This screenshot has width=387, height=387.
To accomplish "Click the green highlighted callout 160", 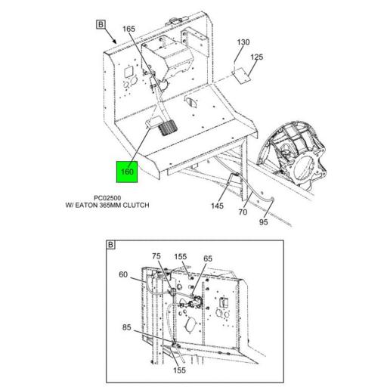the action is pyautogui.click(x=127, y=172).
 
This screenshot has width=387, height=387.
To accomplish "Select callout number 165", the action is pyautogui.click(x=128, y=29).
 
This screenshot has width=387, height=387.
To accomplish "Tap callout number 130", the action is pyautogui.click(x=243, y=42).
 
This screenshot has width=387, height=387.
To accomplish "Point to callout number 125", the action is pyautogui.click(x=256, y=57).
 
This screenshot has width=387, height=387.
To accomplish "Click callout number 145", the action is pyautogui.click(x=217, y=206).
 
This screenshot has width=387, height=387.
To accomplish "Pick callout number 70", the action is pyautogui.click(x=243, y=212).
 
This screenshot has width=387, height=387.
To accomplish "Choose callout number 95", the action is pyautogui.click(x=263, y=222).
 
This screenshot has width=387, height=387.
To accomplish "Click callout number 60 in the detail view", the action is pyautogui.click(x=123, y=274).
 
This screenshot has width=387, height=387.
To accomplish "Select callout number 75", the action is pyautogui.click(x=156, y=256).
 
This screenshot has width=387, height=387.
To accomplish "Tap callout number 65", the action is pyautogui.click(x=208, y=259).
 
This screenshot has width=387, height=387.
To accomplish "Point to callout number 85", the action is pyautogui.click(x=127, y=327).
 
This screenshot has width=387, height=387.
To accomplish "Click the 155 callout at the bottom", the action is pyautogui.click(x=179, y=370).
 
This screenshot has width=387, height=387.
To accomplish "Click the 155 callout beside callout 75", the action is pyautogui.click(x=181, y=256).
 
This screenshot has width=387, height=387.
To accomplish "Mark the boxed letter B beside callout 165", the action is pyautogui.click(x=101, y=24).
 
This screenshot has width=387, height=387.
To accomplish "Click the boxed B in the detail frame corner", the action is pyautogui.click(x=110, y=245).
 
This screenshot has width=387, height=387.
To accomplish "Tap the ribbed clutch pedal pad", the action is pyautogui.click(x=167, y=128).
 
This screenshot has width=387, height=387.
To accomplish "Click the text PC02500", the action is pyautogui.click(x=107, y=198).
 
